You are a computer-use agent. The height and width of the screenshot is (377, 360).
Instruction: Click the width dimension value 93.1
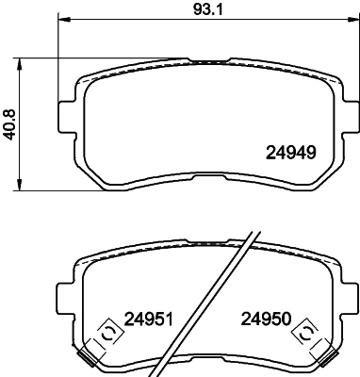[198, 12]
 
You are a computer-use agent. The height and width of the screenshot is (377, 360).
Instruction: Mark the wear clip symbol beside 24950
[304, 332]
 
